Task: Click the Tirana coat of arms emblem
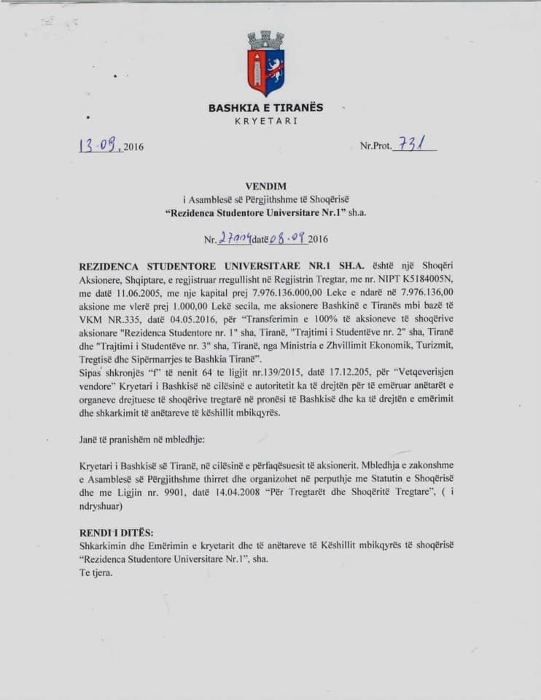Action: click(x=265, y=63)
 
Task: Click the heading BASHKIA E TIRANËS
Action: click(x=265, y=108)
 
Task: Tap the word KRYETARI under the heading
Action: click(x=265, y=121)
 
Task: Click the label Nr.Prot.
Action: click(x=375, y=147)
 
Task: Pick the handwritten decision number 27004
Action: click(x=235, y=238)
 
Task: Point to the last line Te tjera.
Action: click(x=96, y=572)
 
